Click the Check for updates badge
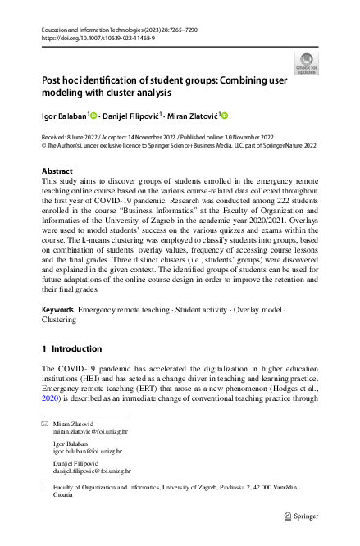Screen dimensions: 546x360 [306, 63]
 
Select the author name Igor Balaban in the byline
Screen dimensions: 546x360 [62, 116]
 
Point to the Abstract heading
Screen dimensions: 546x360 [57, 171]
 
